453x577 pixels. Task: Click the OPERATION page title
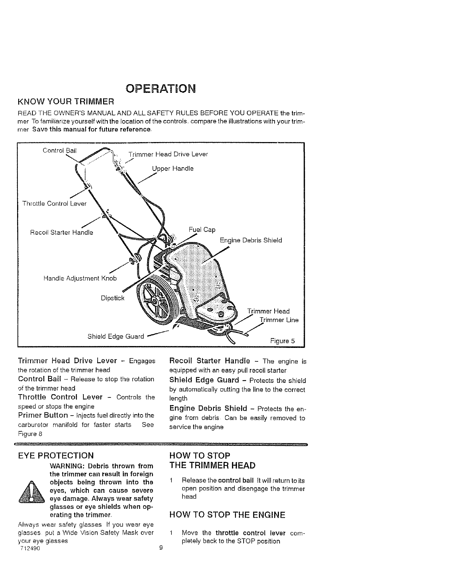pos(160,89)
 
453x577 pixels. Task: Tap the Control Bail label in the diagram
pos(59,150)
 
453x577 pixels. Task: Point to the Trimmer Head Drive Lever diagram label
pos(168,154)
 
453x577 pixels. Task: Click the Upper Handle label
pos(173,168)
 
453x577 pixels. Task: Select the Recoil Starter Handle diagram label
pos(62,232)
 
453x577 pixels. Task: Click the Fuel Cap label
pos(202,229)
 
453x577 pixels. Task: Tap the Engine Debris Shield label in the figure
pos(251,240)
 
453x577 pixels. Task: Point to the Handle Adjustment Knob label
pos(80,278)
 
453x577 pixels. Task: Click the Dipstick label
pos(113,298)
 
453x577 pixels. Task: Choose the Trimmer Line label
pos(279,320)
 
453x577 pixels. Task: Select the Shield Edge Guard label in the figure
pos(116,336)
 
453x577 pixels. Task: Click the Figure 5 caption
pos(282,341)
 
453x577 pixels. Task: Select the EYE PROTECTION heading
pos(56,455)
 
